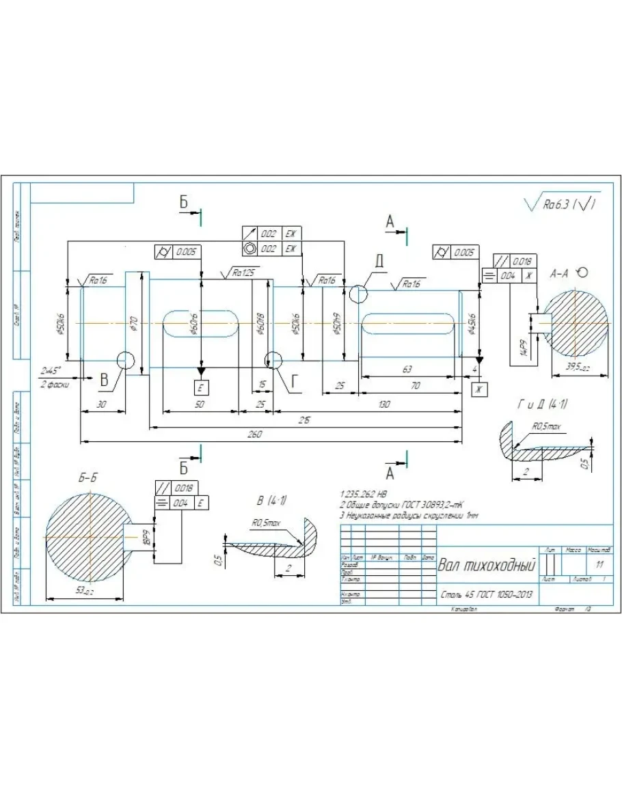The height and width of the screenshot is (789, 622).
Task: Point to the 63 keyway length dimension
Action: pyautogui.click(x=407, y=369)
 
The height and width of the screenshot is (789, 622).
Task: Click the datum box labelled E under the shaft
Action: pyautogui.click(x=201, y=387)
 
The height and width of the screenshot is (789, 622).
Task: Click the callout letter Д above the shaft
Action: pyautogui.click(x=379, y=262)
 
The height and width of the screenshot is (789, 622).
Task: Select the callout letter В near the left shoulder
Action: pyautogui.click(x=104, y=380)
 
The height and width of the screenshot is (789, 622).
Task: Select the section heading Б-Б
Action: pyautogui.click(x=87, y=478)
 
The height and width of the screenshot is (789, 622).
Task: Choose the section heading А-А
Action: pyautogui.click(x=559, y=273)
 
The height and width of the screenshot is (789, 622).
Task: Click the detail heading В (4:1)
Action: pyautogui.click(x=271, y=501)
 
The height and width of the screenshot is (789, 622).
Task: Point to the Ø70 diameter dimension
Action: pyautogui.click(x=134, y=323)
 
